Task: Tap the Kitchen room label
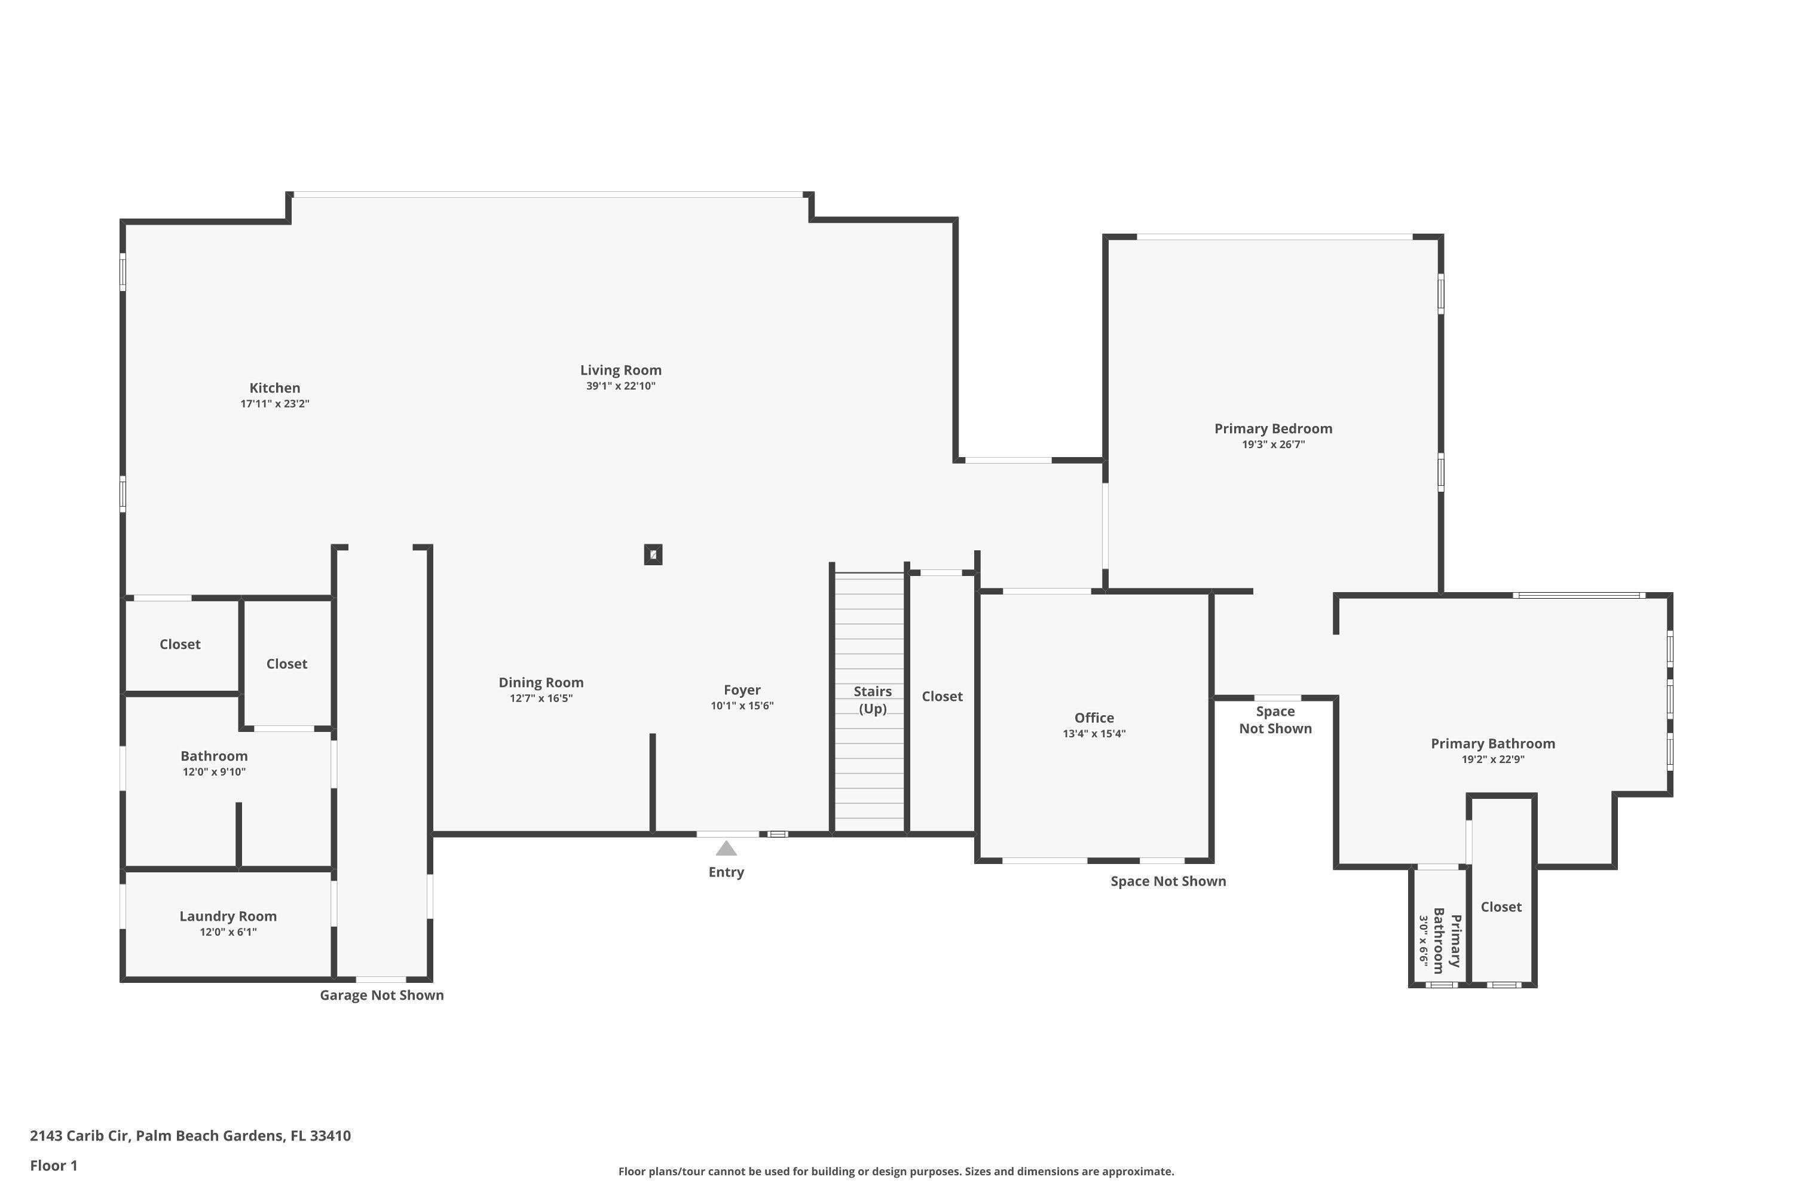coord(274,388)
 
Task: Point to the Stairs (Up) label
coord(872,700)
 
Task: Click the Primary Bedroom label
coord(1273,428)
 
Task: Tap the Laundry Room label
coord(228,916)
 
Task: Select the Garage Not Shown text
coord(381,995)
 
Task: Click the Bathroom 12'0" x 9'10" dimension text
coord(213,772)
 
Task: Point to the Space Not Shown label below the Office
coord(1168,881)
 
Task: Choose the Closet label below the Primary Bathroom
coord(1500,907)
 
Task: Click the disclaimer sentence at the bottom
coord(896,1171)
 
